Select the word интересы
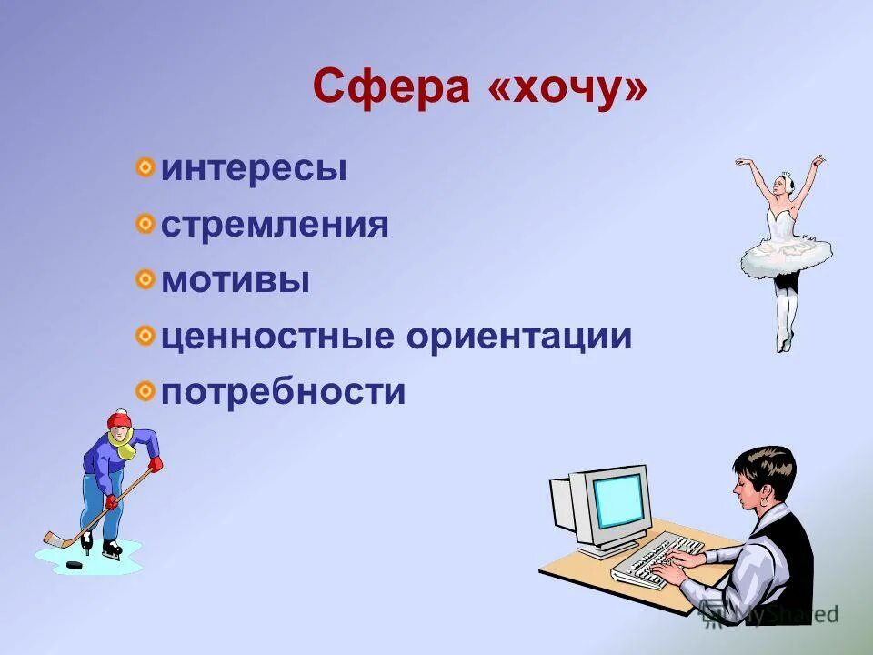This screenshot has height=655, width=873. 254,170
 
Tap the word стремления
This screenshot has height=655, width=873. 275,226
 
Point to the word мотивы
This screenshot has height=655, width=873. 236,281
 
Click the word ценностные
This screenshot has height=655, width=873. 278,337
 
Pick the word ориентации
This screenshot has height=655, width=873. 518,337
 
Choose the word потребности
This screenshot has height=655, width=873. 283,393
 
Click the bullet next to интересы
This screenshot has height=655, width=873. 145,168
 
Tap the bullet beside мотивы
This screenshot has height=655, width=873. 145,279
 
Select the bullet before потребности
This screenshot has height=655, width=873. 145,391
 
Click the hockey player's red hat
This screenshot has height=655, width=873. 119,419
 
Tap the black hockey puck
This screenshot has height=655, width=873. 72,565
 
